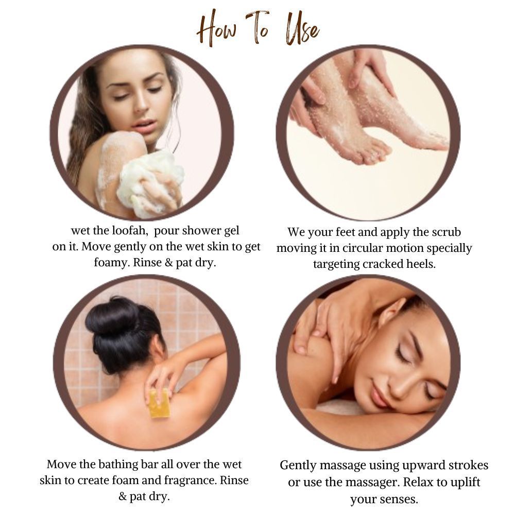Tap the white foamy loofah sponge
tap(149, 182)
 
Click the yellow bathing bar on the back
tap(159, 403)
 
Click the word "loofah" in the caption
tap(130, 231)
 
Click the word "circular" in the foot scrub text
tap(363, 248)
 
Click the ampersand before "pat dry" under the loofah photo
tap(169, 263)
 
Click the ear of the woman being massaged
tap(391, 312)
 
